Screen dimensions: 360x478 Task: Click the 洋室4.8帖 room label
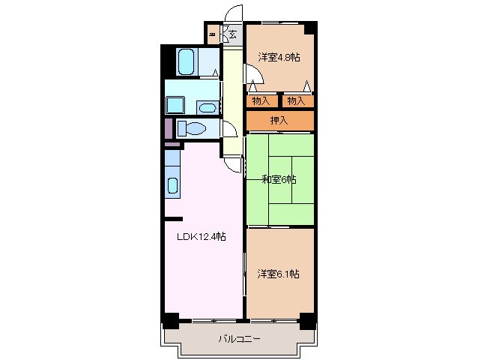tap(279, 57)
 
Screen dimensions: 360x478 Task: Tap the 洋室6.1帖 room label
tap(279, 274)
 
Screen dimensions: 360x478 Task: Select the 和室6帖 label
tap(279, 179)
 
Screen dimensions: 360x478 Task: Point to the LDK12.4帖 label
tap(200, 237)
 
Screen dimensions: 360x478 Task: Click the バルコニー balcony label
tap(239, 339)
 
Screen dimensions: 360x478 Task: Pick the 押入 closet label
tap(279, 120)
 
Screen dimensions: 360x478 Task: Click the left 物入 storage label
tap(261, 100)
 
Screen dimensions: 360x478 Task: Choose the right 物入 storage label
tap(296, 100)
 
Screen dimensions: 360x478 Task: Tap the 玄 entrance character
tap(233, 34)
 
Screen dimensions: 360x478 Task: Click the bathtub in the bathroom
tap(187, 61)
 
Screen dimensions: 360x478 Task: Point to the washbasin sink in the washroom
tap(206, 106)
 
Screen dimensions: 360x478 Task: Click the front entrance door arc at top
tap(234, 13)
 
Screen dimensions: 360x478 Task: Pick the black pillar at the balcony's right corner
tap(306, 320)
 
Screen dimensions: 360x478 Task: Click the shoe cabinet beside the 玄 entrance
tap(214, 34)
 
